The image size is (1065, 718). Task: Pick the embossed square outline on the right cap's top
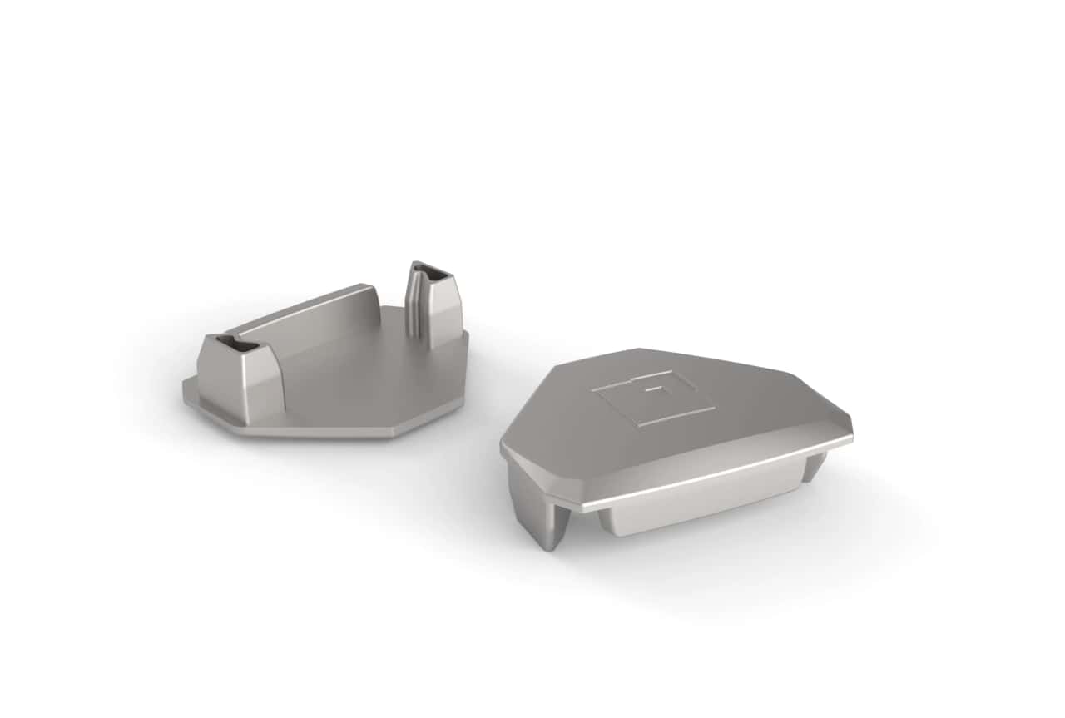tap(653, 398)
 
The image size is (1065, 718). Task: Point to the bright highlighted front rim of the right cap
tap(716, 474)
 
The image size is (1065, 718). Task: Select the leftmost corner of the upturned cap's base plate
tap(185, 391)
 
